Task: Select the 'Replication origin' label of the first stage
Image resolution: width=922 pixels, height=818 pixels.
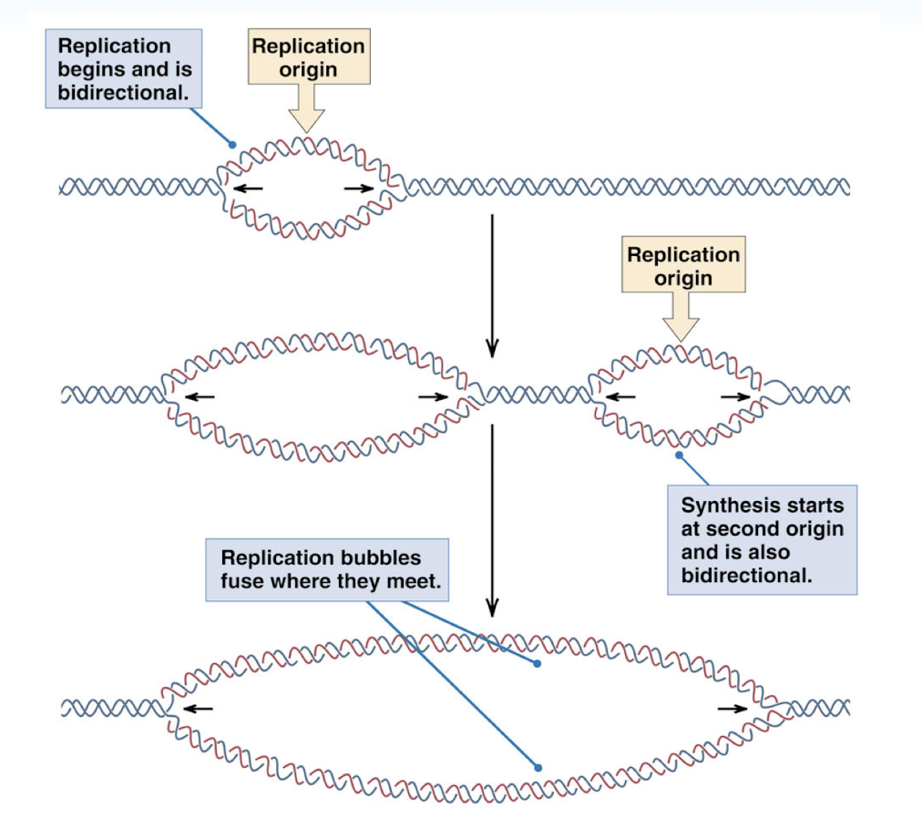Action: (308, 56)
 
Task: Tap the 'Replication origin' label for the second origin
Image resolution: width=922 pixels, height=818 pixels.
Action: (682, 265)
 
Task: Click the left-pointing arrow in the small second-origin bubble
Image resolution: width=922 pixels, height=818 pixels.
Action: (621, 396)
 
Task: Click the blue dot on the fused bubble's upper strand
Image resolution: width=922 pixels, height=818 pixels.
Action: (538, 664)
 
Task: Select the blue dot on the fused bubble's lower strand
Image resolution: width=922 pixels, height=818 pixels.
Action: (538, 768)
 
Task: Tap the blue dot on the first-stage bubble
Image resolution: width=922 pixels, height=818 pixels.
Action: (232, 144)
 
